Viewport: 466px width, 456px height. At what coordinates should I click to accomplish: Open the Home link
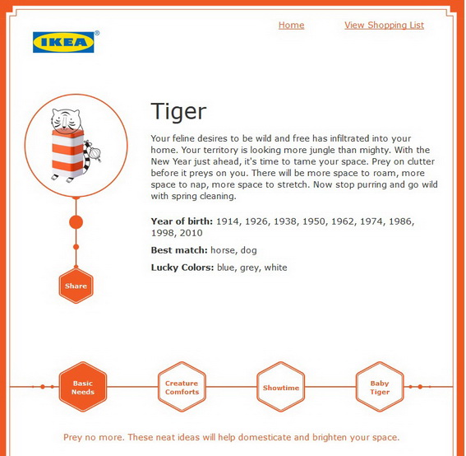[x=291, y=26]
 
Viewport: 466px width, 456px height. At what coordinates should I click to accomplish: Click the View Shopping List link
[x=384, y=26]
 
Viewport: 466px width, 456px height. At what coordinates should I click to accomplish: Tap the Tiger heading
[x=178, y=112]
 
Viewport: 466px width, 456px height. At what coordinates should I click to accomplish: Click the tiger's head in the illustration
[x=66, y=120]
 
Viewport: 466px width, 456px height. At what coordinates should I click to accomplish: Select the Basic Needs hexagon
[x=83, y=387]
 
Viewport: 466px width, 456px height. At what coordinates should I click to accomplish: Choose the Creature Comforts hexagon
[x=182, y=387]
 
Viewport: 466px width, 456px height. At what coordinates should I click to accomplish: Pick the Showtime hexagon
[x=281, y=387]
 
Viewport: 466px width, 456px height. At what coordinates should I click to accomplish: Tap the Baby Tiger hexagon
[x=380, y=387]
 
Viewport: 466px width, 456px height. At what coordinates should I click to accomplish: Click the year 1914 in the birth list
[x=228, y=221]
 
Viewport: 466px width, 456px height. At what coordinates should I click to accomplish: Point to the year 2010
[x=191, y=233]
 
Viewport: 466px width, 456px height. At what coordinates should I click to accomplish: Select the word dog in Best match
[x=249, y=250]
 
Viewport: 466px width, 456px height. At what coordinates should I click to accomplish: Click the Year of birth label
[x=182, y=221]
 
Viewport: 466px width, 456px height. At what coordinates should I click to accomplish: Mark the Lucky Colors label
[x=182, y=268]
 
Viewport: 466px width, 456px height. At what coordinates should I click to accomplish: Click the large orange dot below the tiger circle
[x=76, y=222]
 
